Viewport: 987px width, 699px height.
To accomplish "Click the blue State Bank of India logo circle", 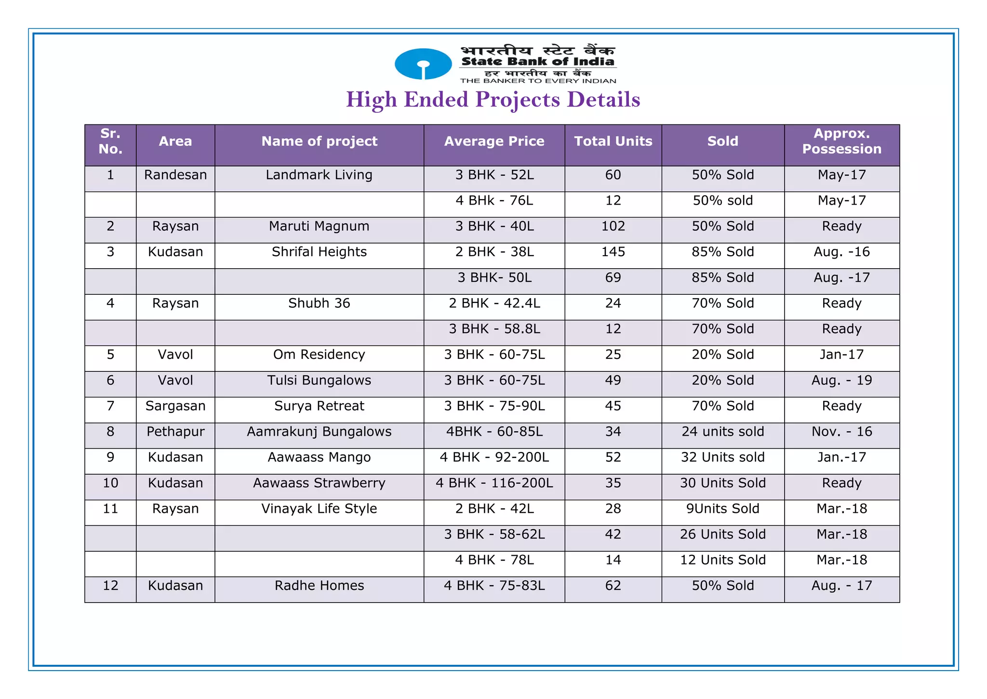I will click(x=423, y=64).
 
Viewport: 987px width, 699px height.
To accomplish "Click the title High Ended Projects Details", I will click(x=493, y=100).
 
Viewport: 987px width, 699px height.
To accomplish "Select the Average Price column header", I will click(x=494, y=141).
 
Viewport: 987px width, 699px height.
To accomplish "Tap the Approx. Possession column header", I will click(x=841, y=141).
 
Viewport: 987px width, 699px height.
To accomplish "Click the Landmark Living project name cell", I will click(x=319, y=175).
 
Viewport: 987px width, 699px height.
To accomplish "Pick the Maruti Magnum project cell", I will click(x=319, y=226).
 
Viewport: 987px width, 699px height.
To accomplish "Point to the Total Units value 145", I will click(x=613, y=252).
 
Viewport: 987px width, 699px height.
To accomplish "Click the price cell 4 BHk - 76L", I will click(x=494, y=201).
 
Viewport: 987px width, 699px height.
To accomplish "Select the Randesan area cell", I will click(x=175, y=175).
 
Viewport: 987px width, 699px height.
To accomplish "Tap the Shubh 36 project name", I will click(x=319, y=303).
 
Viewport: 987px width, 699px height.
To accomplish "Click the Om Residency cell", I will click(x=319, y=355).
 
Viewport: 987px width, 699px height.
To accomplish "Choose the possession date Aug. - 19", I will click(x=841, y=381).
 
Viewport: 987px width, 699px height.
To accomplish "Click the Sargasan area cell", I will click(x=175, y=406).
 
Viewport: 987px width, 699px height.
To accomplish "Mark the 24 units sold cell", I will click(x=722, y=432).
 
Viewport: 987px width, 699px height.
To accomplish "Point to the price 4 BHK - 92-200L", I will click(x=494, y=457).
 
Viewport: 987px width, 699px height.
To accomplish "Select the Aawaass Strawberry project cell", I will click(x=319, y=483).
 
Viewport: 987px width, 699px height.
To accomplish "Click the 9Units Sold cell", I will click(x=722, y=509).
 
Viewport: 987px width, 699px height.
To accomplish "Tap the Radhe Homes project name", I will click(x=319, y=586).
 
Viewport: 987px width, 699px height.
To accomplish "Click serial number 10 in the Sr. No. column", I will click(x=110, y=483).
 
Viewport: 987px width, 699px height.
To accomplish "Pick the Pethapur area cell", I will click(x=175, y=432).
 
